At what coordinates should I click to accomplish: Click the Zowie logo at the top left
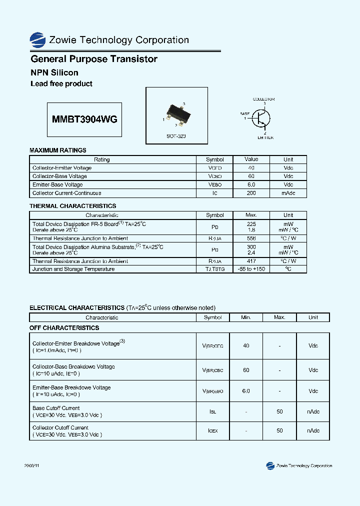coord(37,40)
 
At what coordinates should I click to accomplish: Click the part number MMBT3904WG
coord(84,119)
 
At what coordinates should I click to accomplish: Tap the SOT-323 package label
coord(176,136)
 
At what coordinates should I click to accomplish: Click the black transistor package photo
coord(176,113)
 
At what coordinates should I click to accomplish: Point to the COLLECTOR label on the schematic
coord(263,99)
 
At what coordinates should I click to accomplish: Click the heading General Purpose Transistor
coord(94,59)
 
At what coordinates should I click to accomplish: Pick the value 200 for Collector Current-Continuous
coord(251,193)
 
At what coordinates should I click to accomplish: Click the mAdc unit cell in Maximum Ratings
coord(288,193)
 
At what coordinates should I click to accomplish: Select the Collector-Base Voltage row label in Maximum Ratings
coord(59,176)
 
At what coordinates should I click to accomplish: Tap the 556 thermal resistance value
coord(251,238)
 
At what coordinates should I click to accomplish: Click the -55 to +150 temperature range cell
coord(251,269)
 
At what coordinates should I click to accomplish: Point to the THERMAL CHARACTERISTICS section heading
coord(73,206)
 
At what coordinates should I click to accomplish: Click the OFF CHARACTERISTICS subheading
coord(64,328)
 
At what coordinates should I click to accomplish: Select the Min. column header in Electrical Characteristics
coord(246,317)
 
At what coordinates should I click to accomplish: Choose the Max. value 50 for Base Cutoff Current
coord(279,411)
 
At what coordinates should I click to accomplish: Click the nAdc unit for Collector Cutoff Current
coord(313,431)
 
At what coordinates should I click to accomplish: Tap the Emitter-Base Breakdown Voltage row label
coord(71,387)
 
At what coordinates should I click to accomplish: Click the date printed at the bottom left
coord(31,465)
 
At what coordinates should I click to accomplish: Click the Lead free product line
coord(61,84)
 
